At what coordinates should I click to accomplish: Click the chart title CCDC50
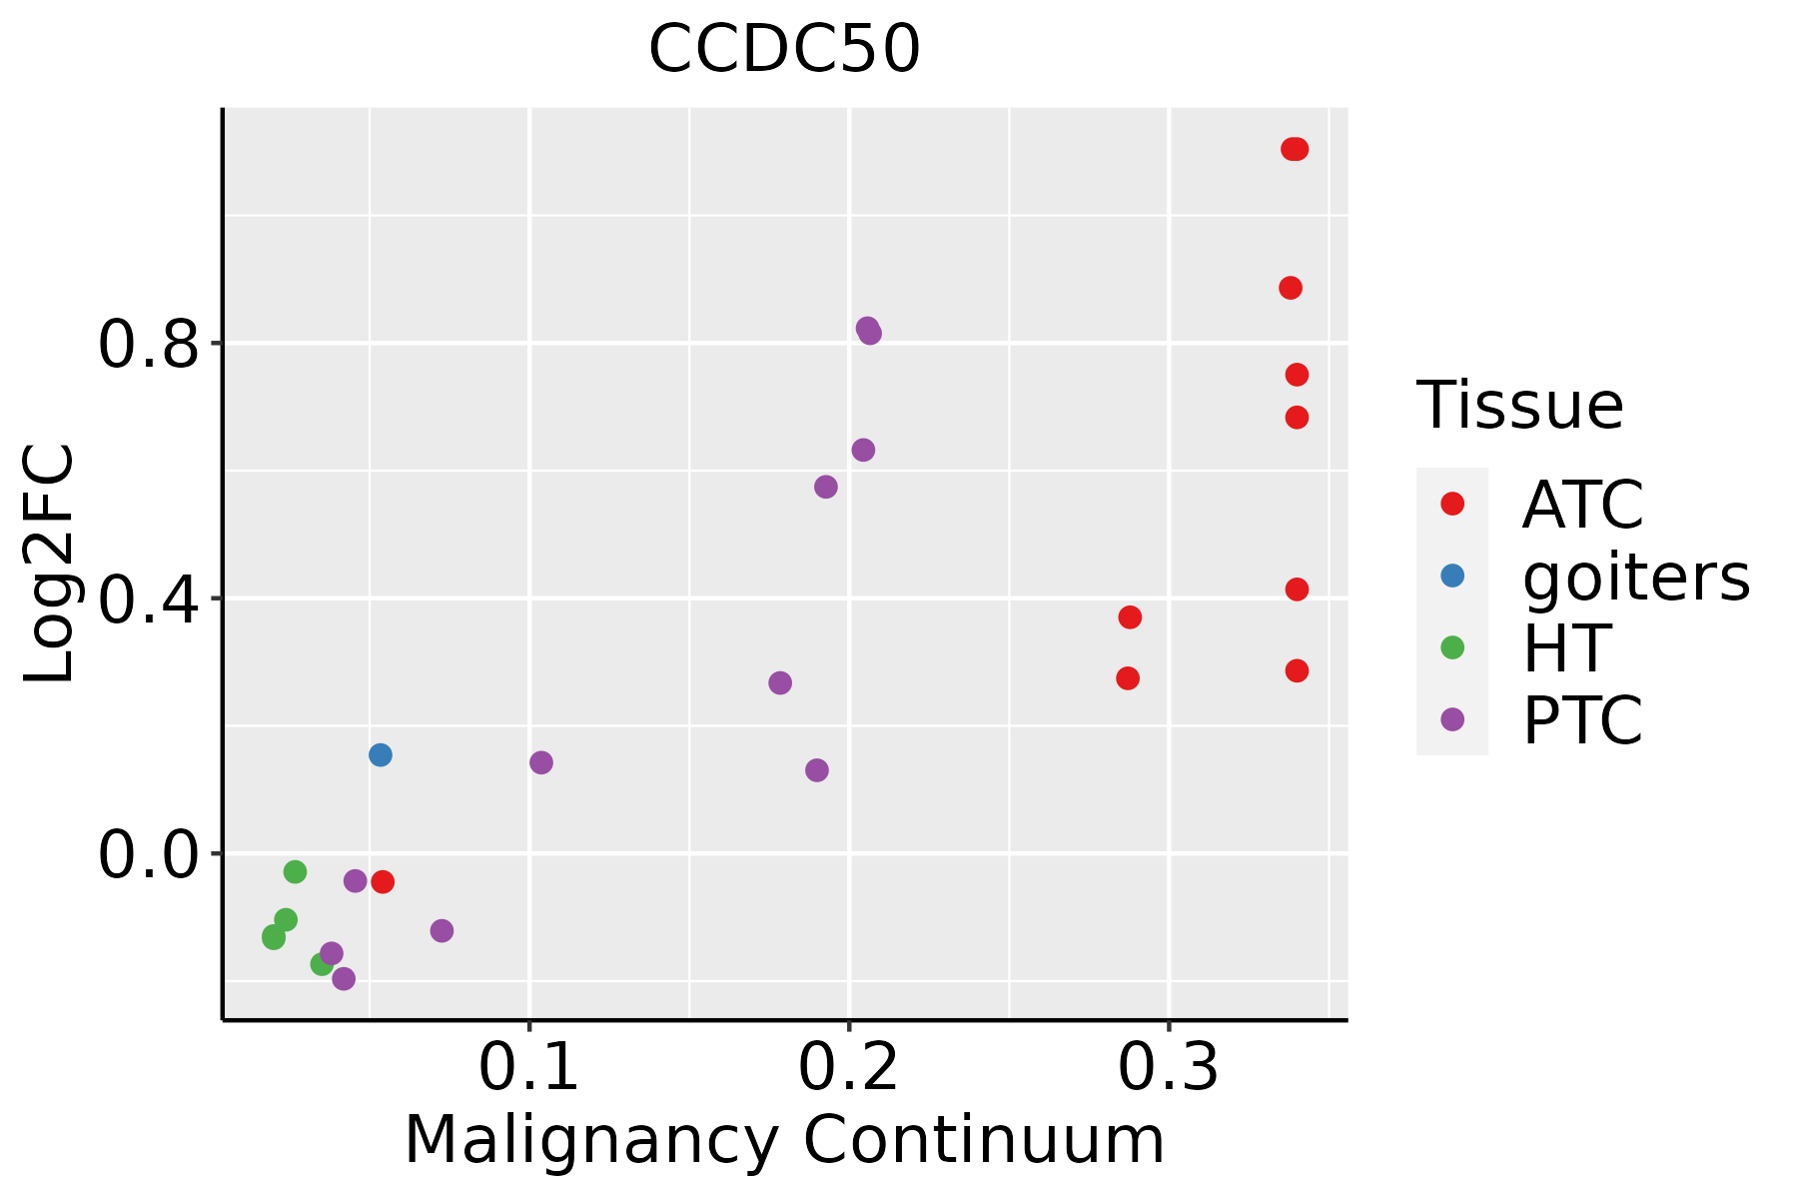pyautogui.click(x=784, y=50)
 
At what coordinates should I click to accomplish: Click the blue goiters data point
pyautogui.click(x=381, y=755)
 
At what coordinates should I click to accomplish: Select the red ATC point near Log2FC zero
pyautogui.click(x=383, y=881)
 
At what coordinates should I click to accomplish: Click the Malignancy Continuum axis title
pyautogui.click(x=784, y=1141)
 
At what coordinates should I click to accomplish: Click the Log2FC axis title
pyautogui.click(x=50, y=565)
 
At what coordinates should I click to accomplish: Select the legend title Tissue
pyautogui.click(x=1520, y=407)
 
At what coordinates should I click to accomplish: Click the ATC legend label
pyautogui.click(x=1582, y=506)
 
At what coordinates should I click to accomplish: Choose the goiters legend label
pyautogui.click(x=1636, y=578)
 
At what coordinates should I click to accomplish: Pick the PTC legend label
pyautogui.click(x=1582, y=721)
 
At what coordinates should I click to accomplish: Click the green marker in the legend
pyautogui.click(x=1452, y=647)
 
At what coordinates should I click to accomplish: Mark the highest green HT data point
pyautogui.click(x=295, y=872)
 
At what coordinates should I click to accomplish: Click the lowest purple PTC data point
pyautogui.click(x=344, y=978)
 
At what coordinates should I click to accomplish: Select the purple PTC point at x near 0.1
pyautogui.click(x=541, y=763)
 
